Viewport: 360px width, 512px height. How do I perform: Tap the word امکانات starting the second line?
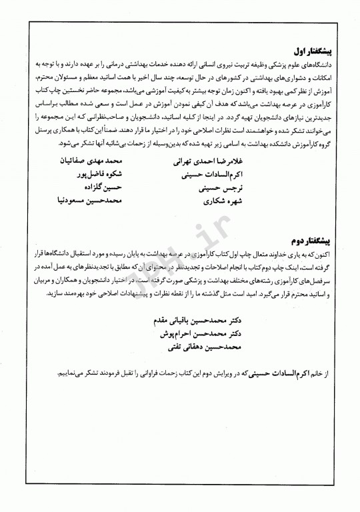327,75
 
